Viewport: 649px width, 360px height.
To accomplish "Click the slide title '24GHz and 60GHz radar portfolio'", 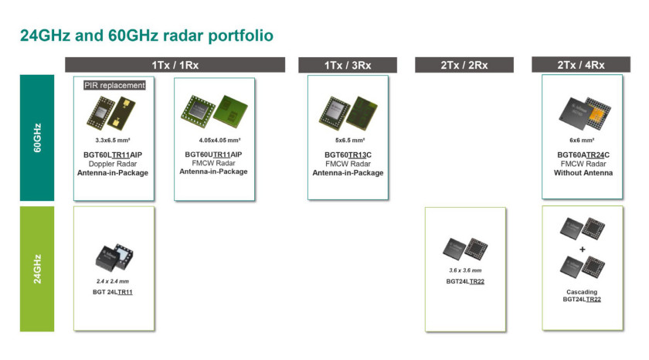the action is pos(147,36).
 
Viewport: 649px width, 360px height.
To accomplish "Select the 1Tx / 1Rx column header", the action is pos(175,65).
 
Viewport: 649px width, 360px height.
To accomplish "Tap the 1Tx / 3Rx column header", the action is pos(348,65).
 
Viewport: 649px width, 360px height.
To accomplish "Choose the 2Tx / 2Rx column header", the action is pos(464,65).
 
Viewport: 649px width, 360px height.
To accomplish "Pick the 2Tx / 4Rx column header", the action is pos(581,65).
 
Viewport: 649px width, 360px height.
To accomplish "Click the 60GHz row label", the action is pos(37,138).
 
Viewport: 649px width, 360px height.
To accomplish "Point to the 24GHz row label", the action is pos(37,269).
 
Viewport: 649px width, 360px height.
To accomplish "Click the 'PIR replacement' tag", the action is pos(114,85).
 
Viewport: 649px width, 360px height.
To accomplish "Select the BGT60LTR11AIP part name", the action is pos(113,155).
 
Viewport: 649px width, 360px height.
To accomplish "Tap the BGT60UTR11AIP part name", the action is pos(213,155).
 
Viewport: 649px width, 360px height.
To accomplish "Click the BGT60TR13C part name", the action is pos(348,155).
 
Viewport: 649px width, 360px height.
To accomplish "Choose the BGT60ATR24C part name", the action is pos(583,155).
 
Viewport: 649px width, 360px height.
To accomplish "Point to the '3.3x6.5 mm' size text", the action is pos(113,141).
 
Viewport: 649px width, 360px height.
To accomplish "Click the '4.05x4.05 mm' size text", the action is pos(219,141).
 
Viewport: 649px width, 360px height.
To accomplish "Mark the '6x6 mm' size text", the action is pos(582,141).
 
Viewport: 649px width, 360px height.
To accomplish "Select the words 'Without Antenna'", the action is pos(583,173).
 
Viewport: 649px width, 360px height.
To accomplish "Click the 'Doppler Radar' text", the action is pos(113,164).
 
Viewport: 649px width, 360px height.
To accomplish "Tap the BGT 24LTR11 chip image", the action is pos(114,257).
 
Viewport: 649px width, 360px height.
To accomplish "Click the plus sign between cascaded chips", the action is pos(583,250).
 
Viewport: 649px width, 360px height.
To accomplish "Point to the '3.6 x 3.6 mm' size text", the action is pos(465,270).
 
